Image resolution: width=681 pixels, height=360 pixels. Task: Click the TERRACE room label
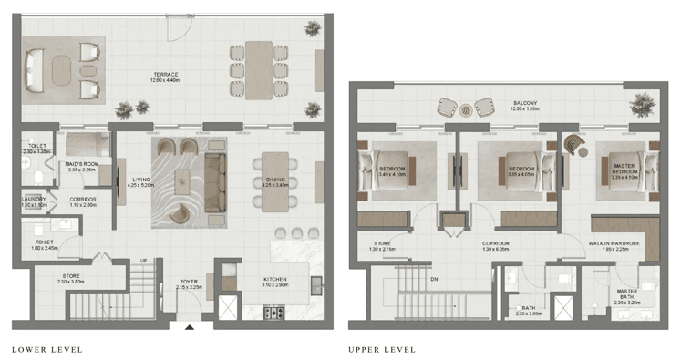point(165,75)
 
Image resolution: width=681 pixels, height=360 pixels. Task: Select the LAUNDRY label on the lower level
point(34,201)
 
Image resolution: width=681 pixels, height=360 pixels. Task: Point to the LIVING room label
point(140,180)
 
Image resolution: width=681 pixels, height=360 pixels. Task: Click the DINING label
point(274,180)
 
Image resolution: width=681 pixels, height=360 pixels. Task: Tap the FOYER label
point(188,282)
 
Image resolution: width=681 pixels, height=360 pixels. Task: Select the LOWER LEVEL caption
point(47,349)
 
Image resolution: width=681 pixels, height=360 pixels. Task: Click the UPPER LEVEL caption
point(382,349)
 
